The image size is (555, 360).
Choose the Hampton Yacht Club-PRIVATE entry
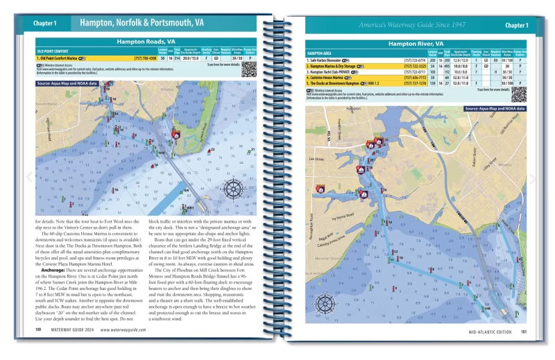pos(336,72)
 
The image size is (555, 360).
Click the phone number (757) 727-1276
pos(413,83)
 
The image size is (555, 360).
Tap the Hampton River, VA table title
pos(416,43)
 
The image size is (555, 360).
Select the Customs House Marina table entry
pos(335,78)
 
